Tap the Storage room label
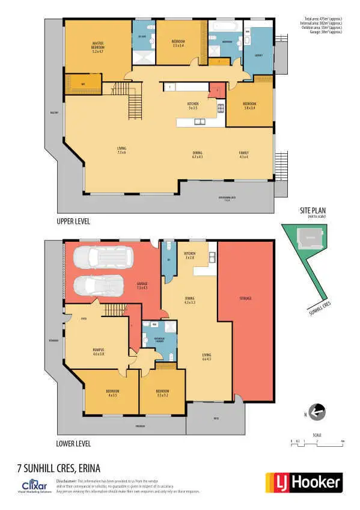(x=244, y=298)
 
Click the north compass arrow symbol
(x=318, y=413)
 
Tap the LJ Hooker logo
(x=304, y=482)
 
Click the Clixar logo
(x=34, y=485)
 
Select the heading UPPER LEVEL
(x=73, y=222)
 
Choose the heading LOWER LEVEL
(x=73, y=444)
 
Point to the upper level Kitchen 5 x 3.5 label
(x=193, y=106)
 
